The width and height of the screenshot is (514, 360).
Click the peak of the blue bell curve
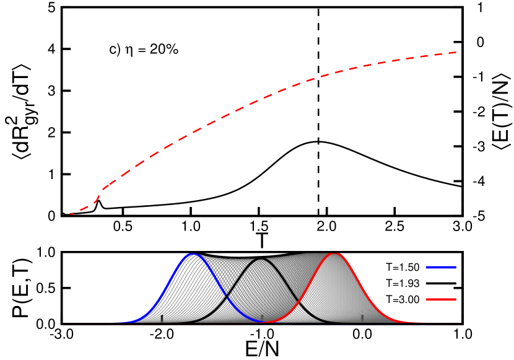pos(192,254)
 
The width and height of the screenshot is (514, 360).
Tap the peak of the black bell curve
pos(261,259)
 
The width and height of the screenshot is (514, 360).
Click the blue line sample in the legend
pos(441,267)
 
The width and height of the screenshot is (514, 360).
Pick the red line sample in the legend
pos(441,299)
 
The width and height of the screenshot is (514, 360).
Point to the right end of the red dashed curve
pos(457,52)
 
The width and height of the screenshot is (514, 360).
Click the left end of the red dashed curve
pos(69,215)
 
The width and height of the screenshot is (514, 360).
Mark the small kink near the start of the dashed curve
pos(99,193)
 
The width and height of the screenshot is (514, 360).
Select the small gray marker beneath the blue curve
pos(162,318)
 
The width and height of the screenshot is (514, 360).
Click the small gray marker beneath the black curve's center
pos(262,318)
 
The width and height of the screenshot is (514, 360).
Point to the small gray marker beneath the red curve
pos(362,318)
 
